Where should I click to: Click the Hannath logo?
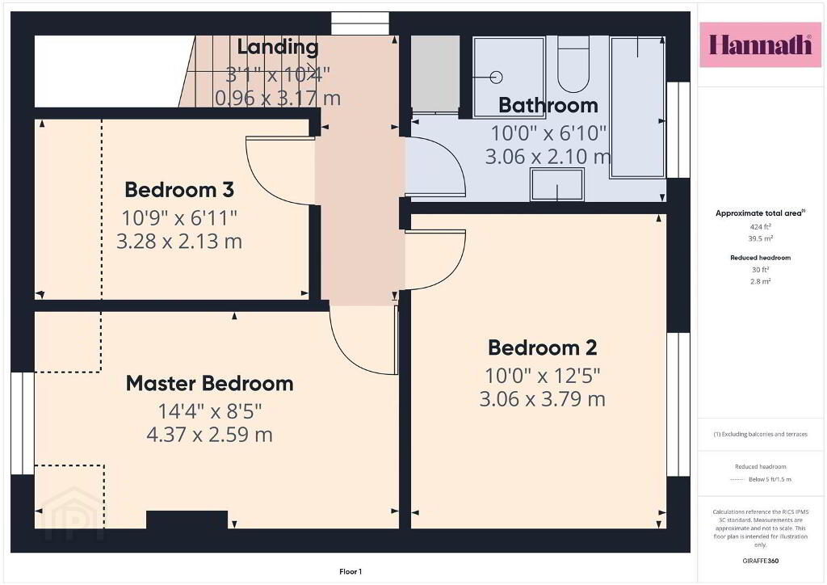pos(760,44)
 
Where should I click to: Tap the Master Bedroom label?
pos(209,384)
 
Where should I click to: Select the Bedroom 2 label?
pos(542,347)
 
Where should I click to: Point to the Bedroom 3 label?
pos(179,189)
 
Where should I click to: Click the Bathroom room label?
pos(548,105)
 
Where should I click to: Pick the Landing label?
pos(278,47)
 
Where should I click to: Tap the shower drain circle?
pos(496,77)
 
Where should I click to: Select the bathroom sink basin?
pos(557,184)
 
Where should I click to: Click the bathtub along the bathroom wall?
pos(637,107)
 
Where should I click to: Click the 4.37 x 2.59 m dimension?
pos(209,434)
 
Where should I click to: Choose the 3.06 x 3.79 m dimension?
pos(542,398)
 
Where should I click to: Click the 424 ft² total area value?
pos(760,227)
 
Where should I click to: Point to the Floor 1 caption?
pos(351,572)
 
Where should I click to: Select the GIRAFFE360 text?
pos(760,561)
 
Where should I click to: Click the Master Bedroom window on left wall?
pos(23,423)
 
